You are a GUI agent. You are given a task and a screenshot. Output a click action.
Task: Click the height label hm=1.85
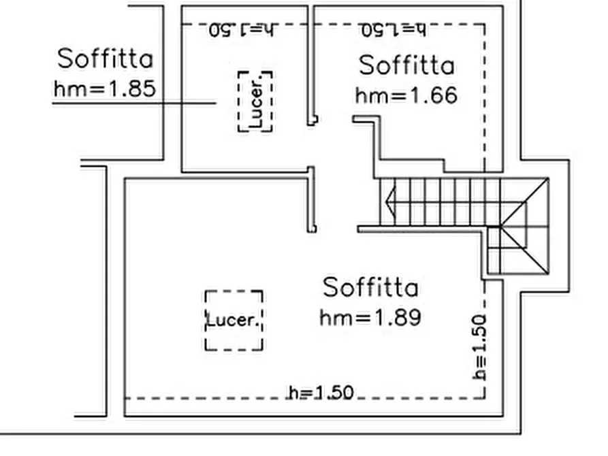point(105,88)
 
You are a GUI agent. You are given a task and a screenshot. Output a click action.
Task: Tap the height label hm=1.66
point(406,95)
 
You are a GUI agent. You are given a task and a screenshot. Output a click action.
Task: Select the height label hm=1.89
point(370,318)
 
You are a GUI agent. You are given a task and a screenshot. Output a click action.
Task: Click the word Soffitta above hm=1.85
point(105,59)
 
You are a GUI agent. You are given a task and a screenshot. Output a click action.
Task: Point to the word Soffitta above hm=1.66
point(406,65)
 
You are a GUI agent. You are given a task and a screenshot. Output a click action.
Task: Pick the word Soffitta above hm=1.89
point(370,287)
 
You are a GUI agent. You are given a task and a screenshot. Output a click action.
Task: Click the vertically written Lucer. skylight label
point(256,101)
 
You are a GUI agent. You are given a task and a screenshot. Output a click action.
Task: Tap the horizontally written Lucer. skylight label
point(233,321)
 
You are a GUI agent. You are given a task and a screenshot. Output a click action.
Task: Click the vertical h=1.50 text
point(479,347)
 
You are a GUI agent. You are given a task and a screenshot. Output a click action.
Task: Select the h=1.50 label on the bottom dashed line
point(321,393)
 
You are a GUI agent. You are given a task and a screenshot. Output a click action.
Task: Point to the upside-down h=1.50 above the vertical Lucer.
point(242,30)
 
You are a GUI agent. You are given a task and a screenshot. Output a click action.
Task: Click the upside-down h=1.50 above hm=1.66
point(394,30)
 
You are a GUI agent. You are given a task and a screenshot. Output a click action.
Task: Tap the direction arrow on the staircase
point(391,201)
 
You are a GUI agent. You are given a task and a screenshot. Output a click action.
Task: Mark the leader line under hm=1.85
point(134,103)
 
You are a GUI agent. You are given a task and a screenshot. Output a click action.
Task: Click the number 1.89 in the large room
point(398,318)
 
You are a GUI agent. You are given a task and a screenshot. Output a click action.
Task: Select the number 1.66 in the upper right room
point(434,95)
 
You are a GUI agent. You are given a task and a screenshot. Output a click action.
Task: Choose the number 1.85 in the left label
point(133,88)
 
